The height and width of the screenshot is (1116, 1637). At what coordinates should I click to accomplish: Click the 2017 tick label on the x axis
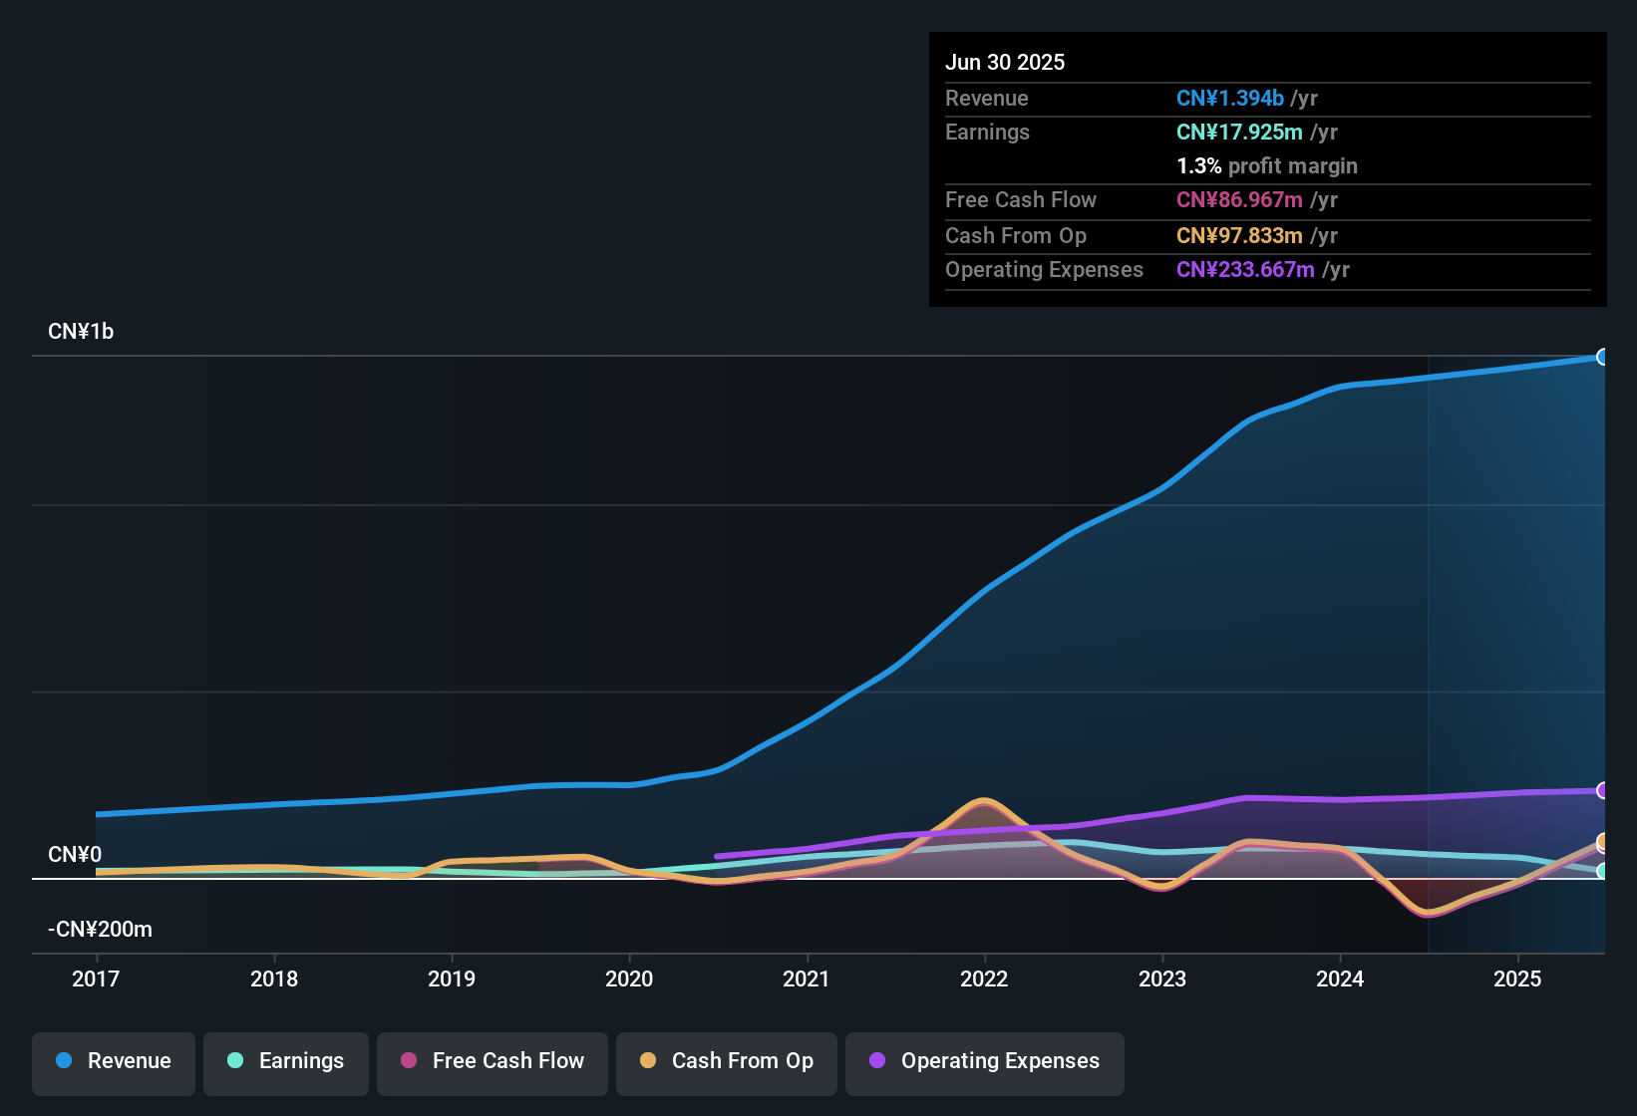pyautogui.click(x=96, y=978)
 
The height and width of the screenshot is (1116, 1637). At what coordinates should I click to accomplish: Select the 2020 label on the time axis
pyautogui.click(x=629, y=978)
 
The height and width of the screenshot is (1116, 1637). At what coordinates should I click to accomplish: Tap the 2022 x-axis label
pyautogui.click(x=984, y=978)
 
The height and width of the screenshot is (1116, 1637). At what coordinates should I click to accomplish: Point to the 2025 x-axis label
pyautogui.click(x=1517, y=978)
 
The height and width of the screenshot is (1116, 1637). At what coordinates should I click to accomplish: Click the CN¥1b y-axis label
pyautogui.click(x=81, y=331)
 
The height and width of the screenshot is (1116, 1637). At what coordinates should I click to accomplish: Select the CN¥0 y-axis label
pyautogui.click(x=75, y=854)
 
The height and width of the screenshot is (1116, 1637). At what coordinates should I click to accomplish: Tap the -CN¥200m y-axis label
pyautogui.click(x=100, y=929)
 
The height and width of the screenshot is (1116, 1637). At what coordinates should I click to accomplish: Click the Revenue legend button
pyautogui.click(x=114, y=1061)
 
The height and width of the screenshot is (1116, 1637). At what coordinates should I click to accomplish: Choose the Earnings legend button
pyautogui.click(x=286, y=1061)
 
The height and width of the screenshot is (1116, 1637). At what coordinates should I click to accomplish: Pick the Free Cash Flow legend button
pyautogui.click(x=492, y=1061)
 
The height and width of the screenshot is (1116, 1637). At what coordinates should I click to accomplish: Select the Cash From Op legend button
pyautogui.click(x=727, y=1061)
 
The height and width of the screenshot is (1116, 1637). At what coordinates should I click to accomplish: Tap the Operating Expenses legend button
pyautogui.click(x=985, y=1061)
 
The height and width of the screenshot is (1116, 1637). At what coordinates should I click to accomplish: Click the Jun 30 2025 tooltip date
pyautogui.click(x=1005, y=62)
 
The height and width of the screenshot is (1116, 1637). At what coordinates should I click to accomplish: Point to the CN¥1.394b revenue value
pyautogui.click(x=1230, y=98)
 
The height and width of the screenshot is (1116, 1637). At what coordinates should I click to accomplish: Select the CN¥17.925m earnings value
pyautogui.click(x=1239, y=132)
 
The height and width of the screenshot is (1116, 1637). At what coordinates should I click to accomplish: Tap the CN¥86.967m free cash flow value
pyautogui.click(x=1239, y=199)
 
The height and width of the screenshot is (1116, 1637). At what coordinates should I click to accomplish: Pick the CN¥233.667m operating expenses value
pyautogui.click(x=1245, y=269)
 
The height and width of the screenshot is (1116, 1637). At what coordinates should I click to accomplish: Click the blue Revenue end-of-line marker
pyautogui.click(x=1602, y=357)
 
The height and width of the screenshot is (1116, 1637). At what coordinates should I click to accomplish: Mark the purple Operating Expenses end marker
pyautogui.click(x=1602, y=790)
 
